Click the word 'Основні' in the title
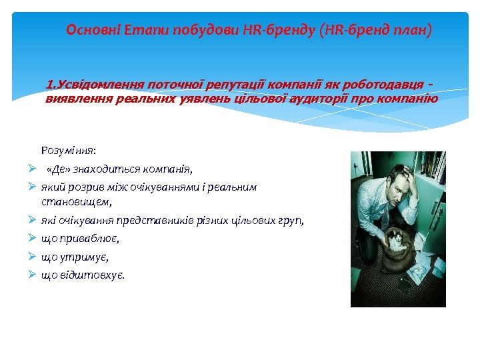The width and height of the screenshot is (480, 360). click(x=91, y=30)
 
